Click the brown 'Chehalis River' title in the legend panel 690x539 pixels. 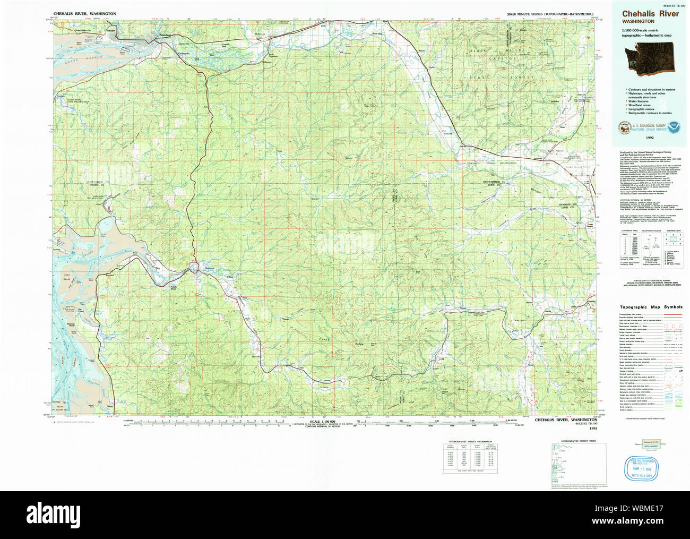point(650,14)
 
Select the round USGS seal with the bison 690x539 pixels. point(622,127)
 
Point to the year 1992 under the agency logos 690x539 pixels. point(650,138)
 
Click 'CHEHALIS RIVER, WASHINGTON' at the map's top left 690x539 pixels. point(85,13)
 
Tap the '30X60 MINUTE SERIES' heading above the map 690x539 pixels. point(550,13)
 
